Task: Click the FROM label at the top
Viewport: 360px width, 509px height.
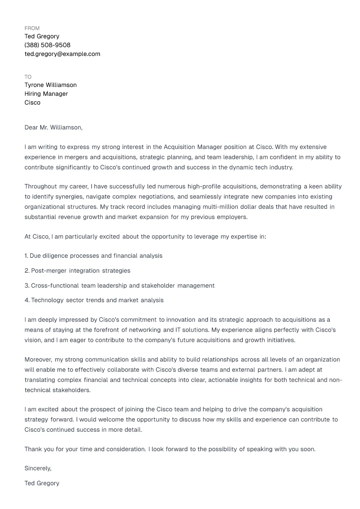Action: pos(32,28)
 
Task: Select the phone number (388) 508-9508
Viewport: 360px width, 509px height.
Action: pos(47,45)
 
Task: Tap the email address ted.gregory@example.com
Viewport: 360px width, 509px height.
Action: pos(62,54)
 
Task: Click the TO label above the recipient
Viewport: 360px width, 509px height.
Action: pos(28,77)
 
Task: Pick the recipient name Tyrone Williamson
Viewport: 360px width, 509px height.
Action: pos(51,85)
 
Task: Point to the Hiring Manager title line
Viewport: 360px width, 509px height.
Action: pos(46,94)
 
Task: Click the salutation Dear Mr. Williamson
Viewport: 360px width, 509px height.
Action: pos(53,128)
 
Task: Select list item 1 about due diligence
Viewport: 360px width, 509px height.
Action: pos(93,256)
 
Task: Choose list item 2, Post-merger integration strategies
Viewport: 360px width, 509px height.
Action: pos(77,271)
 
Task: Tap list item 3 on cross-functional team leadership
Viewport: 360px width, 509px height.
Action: pos(119,286)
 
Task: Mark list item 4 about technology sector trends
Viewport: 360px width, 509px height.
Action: pos(94,300)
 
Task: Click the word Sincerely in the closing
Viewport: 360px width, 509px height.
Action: pos(38,468)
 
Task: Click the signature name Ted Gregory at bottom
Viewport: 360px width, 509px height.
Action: pos(42,483)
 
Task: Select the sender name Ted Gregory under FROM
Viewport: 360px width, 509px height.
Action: pos(42,36)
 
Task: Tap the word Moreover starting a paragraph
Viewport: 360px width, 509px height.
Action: pos(38,360)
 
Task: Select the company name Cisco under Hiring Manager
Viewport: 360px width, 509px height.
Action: pos(32,103)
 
